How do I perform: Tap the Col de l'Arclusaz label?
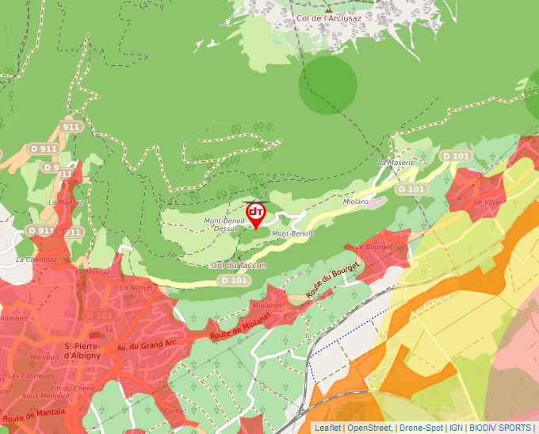pyautogui.click(x=328, y=17)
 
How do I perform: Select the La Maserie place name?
pyautogui.click(x=396, y=163)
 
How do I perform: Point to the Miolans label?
pyautogui.click(x=356, y=202)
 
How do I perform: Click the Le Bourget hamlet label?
pyautogui.click(x=374, y=247)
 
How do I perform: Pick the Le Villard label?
pyautogui.click(x=489, y=202)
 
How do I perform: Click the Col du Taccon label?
pyautogui.click(x=239, y=265)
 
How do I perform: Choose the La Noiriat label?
pyautogui.click(x=136, y=287)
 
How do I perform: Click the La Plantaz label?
pyautogui.click(x=65, y=202)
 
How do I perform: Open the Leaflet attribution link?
pyautogui.click(x=327, y=428)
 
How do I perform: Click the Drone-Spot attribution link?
pyautogui.click(x=421, y=428)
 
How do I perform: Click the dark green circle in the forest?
pyautogui.click(x=327, y=84)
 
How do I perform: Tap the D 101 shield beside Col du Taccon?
pyautogui.click(x=234, y=280)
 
